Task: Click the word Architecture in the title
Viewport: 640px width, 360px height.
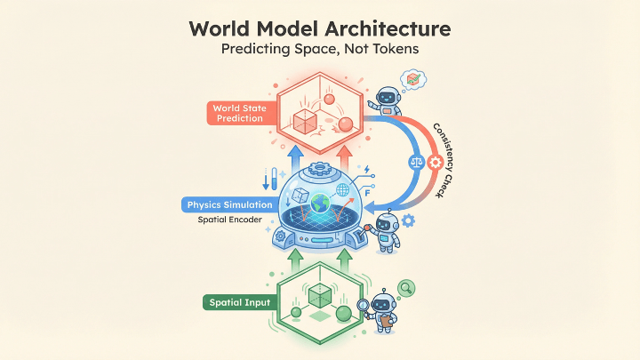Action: (x=386, y=27)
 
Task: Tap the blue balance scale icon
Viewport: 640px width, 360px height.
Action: (x=415, y=163)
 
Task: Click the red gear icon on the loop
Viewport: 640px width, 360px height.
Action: (x=436, y=163)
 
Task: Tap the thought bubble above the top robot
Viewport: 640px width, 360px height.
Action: (x=412, y=78)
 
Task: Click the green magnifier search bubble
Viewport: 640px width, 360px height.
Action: (x=407, y=288)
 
